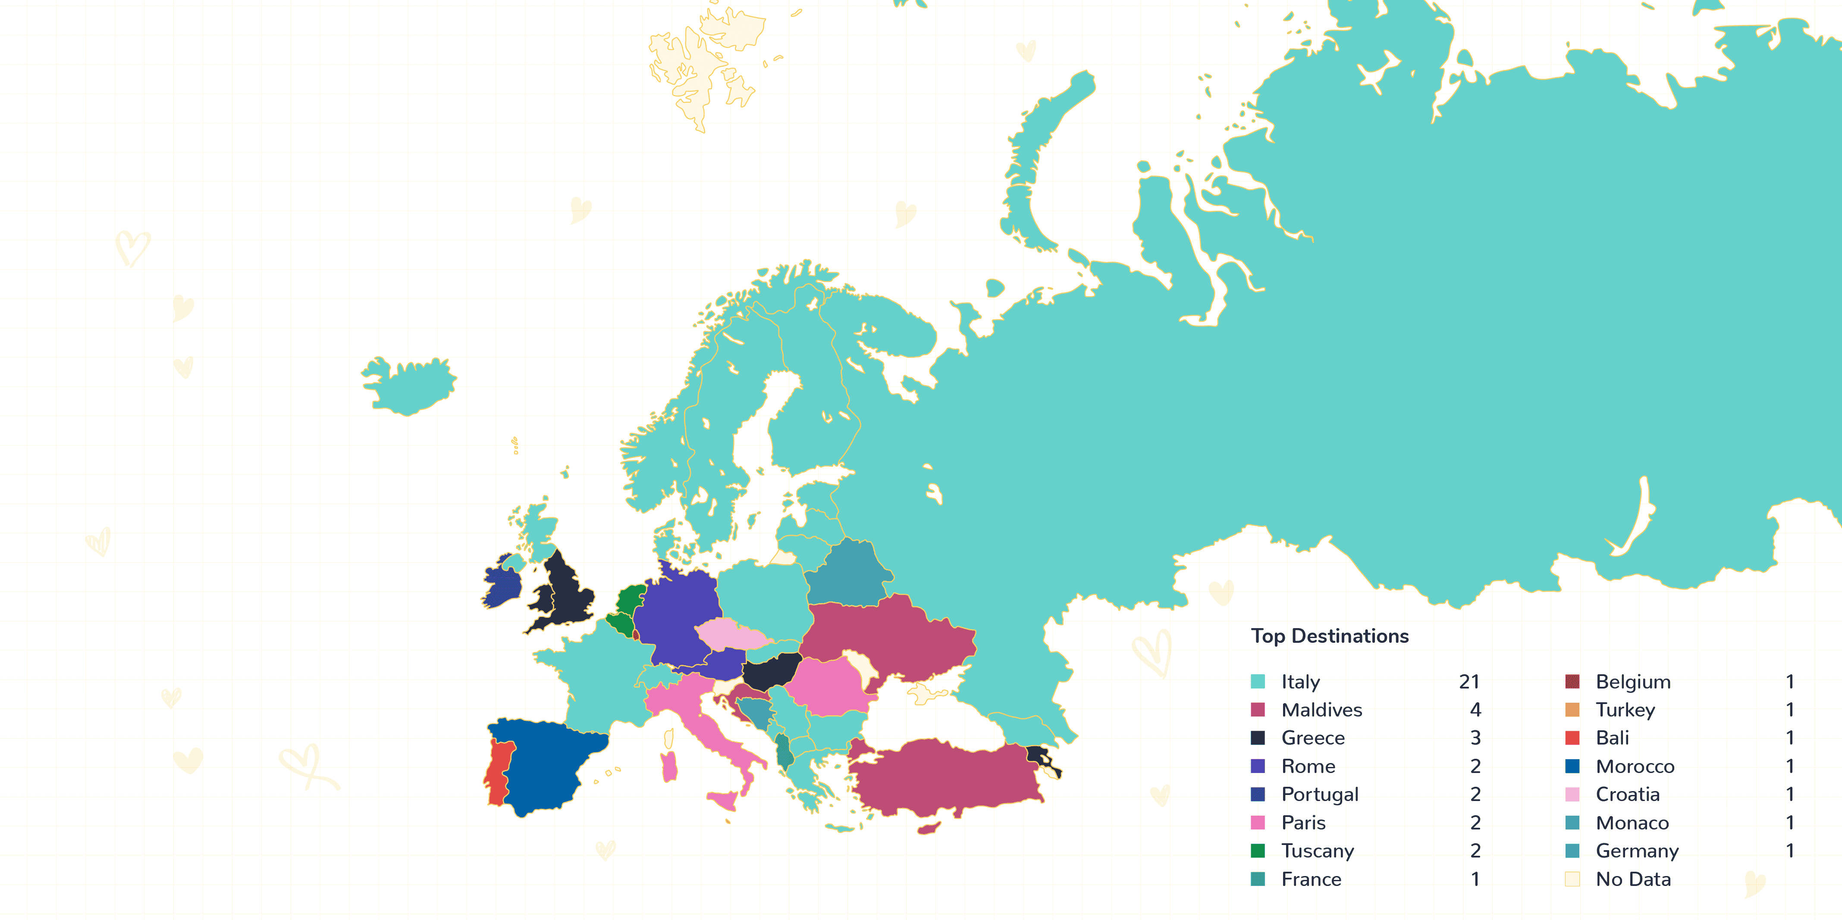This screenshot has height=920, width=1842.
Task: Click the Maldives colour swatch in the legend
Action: point(1258,710)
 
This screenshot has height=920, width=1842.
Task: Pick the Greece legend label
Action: point(1313,738)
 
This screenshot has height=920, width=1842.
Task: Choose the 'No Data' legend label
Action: point(1633,879)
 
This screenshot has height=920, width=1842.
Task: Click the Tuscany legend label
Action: point(1317,851)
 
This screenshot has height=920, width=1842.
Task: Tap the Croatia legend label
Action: point(1628,794)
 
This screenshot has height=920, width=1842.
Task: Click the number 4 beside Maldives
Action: point(1475,710)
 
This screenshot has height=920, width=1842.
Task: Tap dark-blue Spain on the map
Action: point(551,765)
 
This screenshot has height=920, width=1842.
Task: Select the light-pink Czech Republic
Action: point(731,635)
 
